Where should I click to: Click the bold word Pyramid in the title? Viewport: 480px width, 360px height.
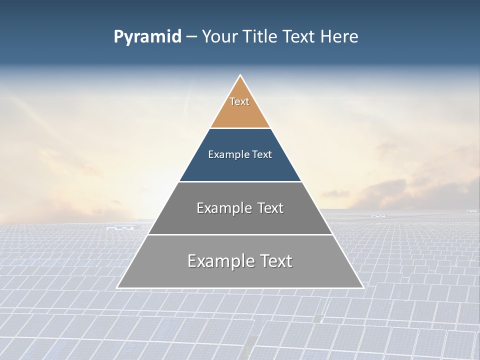147,37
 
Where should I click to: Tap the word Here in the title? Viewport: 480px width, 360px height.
339,37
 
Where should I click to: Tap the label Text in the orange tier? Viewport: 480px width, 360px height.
239,101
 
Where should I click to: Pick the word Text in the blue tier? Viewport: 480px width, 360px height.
262,154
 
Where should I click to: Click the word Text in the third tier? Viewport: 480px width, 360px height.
270,208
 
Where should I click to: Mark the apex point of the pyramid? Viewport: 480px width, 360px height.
240,75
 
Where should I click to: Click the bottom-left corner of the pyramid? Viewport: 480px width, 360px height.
117,287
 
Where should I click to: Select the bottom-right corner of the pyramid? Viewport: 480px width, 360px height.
363,287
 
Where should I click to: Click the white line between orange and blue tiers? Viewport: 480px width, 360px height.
240,128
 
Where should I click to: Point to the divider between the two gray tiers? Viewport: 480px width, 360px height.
240,234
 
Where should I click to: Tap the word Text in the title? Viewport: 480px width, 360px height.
298,37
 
